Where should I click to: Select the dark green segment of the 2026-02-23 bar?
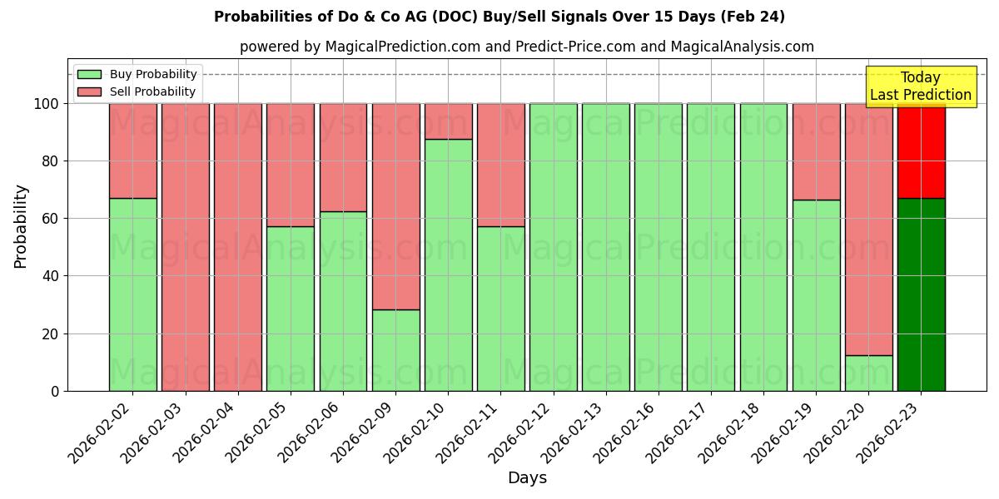921,294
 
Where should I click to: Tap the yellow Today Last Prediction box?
920,86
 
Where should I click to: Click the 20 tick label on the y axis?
52,334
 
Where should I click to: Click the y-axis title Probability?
21,225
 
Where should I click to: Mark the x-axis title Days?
527,478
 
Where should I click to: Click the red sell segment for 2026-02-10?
449,121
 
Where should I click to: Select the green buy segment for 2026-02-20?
868,373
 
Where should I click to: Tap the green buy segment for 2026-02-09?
396,350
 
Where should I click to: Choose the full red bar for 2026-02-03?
186,247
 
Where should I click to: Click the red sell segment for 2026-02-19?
816,151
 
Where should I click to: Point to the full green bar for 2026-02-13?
606,247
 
